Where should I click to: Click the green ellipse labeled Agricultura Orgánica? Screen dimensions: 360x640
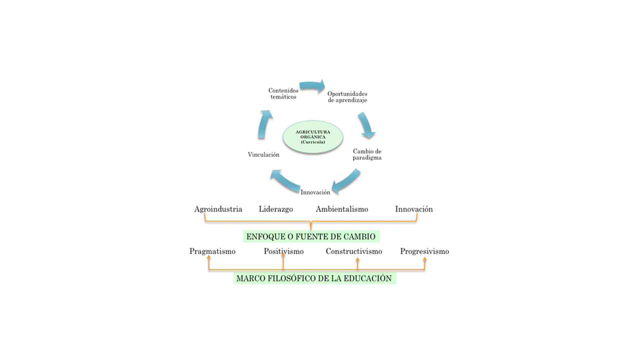click(313, 137)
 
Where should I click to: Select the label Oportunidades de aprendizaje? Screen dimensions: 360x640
click(347, 97)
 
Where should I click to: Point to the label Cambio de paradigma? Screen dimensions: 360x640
click(367, 154)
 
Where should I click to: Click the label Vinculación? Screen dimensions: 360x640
click(263, 154)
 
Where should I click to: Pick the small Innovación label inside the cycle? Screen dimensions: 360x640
click(315, 192)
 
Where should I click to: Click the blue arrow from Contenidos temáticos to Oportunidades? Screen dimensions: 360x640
click(313, 86)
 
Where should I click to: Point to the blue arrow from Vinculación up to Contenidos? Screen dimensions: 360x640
click(265, 124)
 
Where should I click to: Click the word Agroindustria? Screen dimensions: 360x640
click(218, 209)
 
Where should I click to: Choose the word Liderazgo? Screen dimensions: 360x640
click(275, 209)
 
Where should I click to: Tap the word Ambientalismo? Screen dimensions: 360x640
click(342, 209)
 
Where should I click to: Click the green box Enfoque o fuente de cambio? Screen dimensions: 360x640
click(311, 236)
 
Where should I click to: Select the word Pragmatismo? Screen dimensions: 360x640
click(212, 251)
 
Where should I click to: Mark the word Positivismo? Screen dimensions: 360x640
click(283, 251)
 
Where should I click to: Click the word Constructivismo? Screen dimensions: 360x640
click(354, 251)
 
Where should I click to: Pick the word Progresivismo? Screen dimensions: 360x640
click(424, 251)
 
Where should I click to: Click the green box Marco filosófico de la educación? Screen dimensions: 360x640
click(314, 278)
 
